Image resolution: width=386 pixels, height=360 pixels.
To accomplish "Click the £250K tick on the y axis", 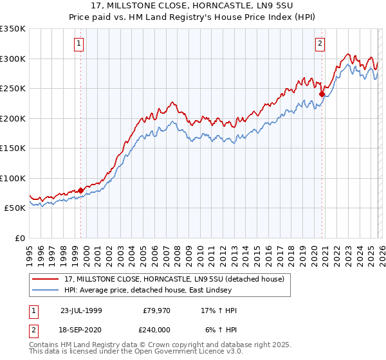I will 12,89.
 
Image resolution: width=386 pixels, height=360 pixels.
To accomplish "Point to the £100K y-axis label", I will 12,178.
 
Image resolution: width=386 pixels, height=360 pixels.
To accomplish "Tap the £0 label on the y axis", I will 19,238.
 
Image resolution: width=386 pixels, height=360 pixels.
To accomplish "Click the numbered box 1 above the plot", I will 78,44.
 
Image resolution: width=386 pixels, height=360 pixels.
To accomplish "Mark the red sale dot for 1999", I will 81,190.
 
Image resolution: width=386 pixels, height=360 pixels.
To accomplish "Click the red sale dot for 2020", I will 322,94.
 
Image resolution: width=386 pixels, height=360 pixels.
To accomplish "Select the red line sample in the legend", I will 46,278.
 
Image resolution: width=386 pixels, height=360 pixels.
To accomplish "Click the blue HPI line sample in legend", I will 46,290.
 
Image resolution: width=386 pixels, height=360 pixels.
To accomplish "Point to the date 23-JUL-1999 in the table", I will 81,310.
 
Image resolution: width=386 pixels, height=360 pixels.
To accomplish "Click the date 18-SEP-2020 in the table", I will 81,328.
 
